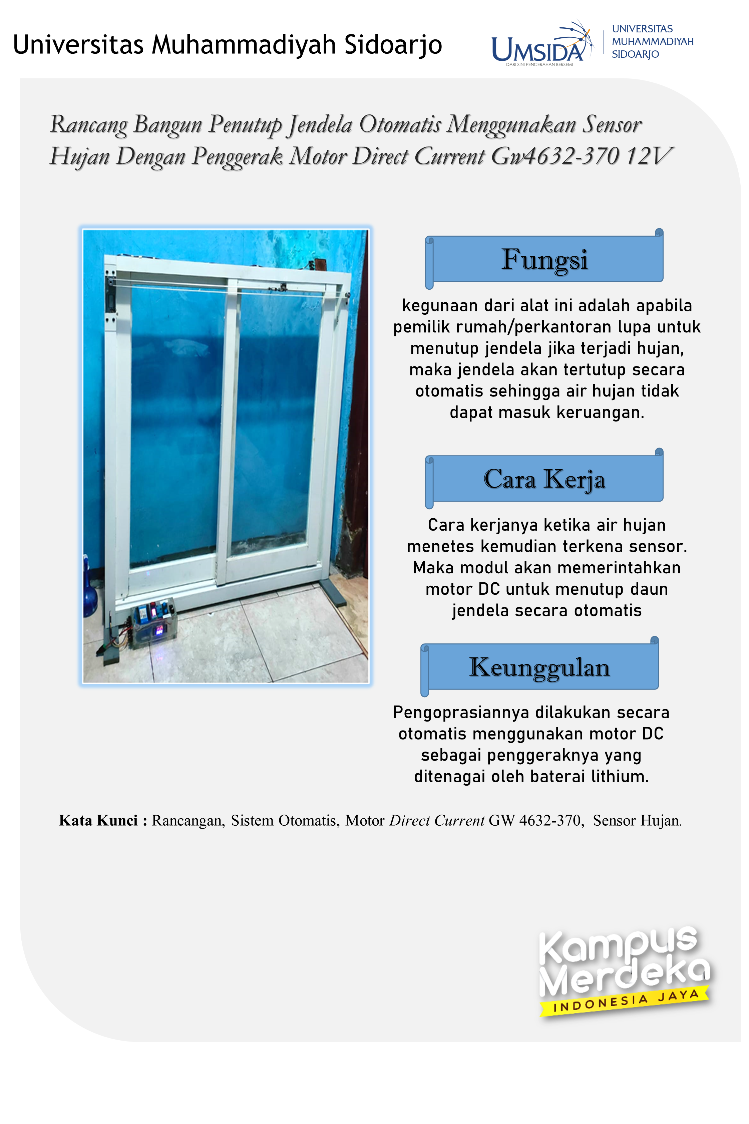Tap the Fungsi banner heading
544,259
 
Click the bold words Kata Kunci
98,820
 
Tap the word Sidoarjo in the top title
393,44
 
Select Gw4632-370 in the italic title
555,156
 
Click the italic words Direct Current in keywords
437,820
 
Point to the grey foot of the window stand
333,593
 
